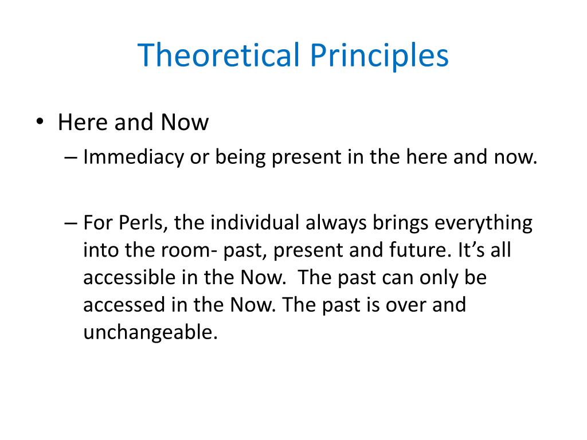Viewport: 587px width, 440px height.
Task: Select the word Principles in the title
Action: point(379,56)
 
